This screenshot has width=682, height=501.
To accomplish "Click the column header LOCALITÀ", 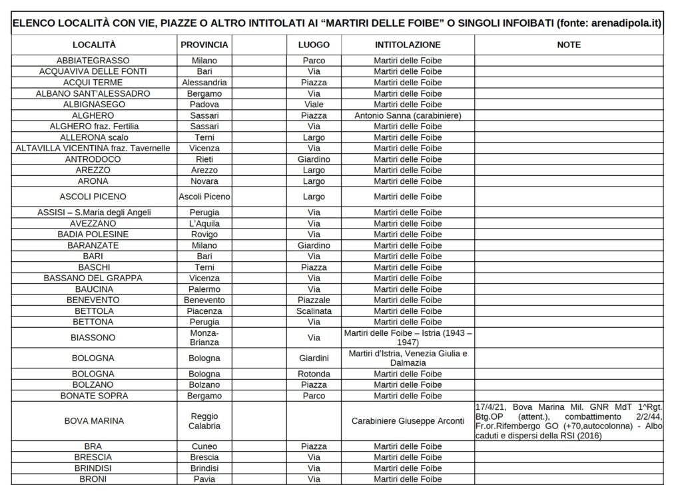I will [94, 45].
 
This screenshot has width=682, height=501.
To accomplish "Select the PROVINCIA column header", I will [204, 45].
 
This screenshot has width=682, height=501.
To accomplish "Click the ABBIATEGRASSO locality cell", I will [94, 61].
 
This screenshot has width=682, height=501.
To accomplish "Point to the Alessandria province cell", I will [204, 83].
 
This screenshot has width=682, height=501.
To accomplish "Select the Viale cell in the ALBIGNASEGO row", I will [314, 105].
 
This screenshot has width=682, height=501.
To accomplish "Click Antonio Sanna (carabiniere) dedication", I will [408, 115].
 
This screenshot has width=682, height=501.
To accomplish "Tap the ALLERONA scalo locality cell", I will [94, 137].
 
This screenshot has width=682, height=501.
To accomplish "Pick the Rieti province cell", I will [204, 159].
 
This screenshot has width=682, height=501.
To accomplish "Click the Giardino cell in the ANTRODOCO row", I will [314, 159].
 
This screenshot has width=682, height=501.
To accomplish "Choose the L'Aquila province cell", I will [204, 223].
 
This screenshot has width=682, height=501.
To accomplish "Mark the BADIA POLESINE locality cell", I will [94, 235].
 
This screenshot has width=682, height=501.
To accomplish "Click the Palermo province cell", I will [204, 289].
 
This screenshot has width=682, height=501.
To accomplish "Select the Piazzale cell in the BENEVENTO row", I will [314, 300].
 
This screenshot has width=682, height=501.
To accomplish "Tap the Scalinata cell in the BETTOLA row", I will [314, 311].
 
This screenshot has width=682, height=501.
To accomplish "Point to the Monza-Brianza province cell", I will [204, 337].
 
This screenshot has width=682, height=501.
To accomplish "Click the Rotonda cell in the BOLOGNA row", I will [314, 374].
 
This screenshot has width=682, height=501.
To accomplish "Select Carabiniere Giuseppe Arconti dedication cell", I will [408, 421].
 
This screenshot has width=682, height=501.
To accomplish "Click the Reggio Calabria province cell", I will [204, 421].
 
